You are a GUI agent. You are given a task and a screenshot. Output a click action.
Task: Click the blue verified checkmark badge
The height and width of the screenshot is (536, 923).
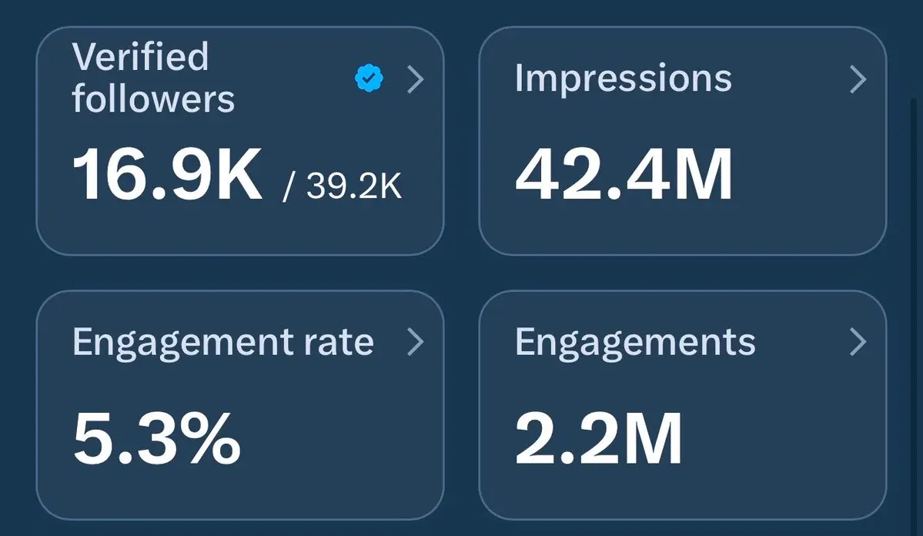click(x=370, y=79)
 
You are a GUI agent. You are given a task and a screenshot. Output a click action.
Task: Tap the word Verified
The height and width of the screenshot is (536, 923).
click(x=140, y=57)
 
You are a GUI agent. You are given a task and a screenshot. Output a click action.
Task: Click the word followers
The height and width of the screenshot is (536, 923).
click(x=153, y=99)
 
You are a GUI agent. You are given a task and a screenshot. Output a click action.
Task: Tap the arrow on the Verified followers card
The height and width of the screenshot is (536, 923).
click(x=416, y=79)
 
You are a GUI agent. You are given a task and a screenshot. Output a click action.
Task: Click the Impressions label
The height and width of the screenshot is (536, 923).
click(x=623, y=79)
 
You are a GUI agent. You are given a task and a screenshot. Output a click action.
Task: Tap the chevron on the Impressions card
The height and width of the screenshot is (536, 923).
click(x=858, y=79)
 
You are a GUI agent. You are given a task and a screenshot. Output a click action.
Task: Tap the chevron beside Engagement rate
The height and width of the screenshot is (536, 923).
click(x=416, y=343)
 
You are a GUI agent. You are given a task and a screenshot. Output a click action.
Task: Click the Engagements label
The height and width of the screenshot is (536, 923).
click(x=635, y=343)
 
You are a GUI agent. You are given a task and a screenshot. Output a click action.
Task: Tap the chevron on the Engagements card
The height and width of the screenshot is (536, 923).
click(x=858, y=343)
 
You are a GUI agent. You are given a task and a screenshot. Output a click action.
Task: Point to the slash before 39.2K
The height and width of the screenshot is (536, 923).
click(x=288, y=187)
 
